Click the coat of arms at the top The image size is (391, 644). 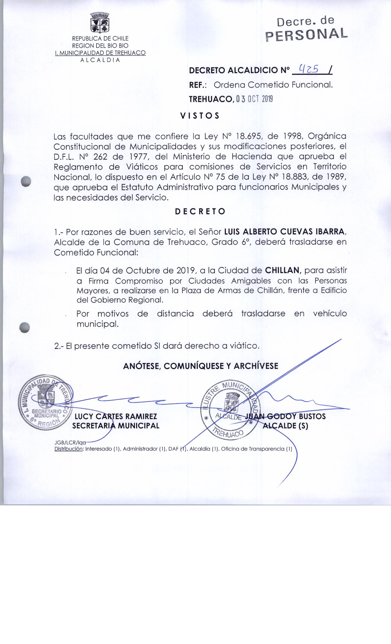[100, 23]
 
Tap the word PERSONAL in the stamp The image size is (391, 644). [306, 34]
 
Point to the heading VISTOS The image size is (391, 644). [200, 116]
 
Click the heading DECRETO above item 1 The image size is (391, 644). [200, 212]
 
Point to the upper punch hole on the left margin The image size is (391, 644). [26, 181]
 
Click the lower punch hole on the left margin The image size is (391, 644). [24, 327]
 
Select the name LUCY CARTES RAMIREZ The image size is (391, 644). [116, 416]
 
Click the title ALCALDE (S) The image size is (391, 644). [286, 426]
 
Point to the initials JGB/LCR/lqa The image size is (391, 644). [70, 443]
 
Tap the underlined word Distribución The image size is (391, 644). [69, 449]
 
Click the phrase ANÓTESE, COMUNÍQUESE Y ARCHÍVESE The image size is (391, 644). [201, 366]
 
